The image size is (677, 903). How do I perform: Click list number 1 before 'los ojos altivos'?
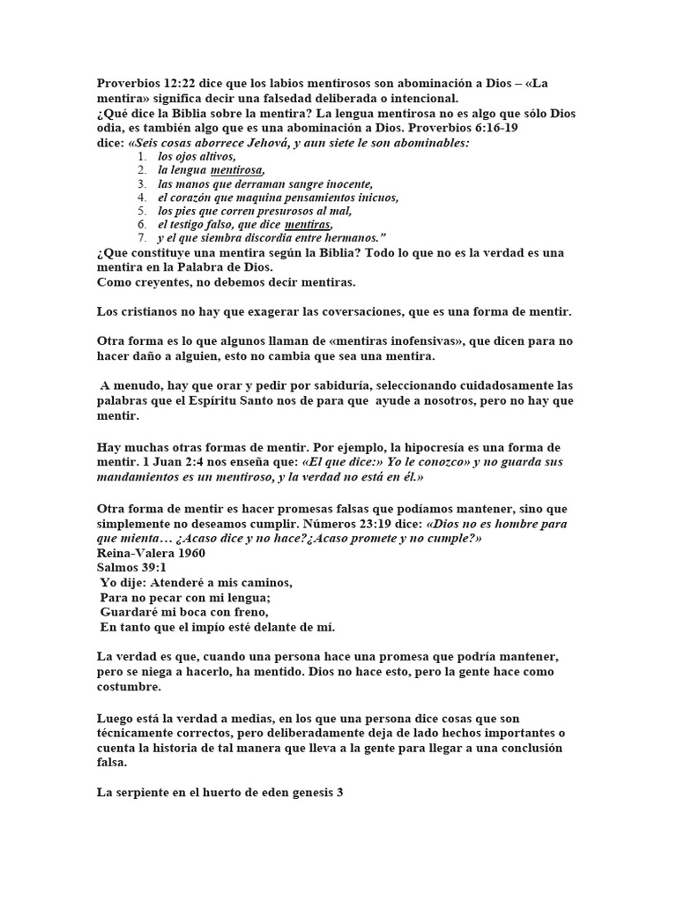pyautogui.click(x=142, y=156)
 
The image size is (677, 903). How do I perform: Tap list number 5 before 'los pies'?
pyautogui.click(x=142, y=211)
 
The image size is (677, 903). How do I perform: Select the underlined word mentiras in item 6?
pyautogui.click(x=309, y=225)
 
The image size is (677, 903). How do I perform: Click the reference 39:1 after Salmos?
pyautogui.click(x=150, y=568)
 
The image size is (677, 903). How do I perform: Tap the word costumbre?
pyautogui.click(x=131, y=687)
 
